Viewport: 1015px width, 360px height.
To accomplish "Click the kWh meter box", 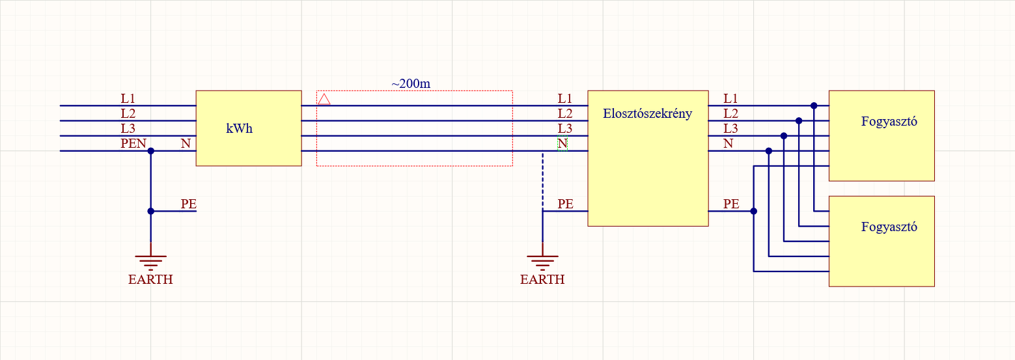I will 249,128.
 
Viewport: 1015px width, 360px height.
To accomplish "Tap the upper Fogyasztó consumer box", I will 882,135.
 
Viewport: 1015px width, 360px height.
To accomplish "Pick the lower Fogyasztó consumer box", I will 882,241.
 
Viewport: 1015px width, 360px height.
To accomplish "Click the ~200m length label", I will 411,83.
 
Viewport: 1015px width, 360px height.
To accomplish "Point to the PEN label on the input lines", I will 133,143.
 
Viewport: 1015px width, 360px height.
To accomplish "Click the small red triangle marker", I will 324,99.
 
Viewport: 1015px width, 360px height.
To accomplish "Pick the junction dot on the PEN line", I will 151,151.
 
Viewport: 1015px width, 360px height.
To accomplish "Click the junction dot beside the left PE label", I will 151,211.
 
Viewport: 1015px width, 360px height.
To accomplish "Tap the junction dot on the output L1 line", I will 814,105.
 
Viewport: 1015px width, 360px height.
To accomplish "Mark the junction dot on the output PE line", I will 754,211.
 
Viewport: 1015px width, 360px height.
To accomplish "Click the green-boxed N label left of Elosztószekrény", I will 563,144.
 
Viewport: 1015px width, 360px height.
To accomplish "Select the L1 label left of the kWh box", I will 128,98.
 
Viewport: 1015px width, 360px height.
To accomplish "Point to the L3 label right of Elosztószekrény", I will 731,128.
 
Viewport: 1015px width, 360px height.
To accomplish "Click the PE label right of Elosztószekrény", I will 732,204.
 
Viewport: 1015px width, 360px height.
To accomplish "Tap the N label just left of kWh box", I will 186,143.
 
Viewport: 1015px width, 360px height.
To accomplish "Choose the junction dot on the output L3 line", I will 784,136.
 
